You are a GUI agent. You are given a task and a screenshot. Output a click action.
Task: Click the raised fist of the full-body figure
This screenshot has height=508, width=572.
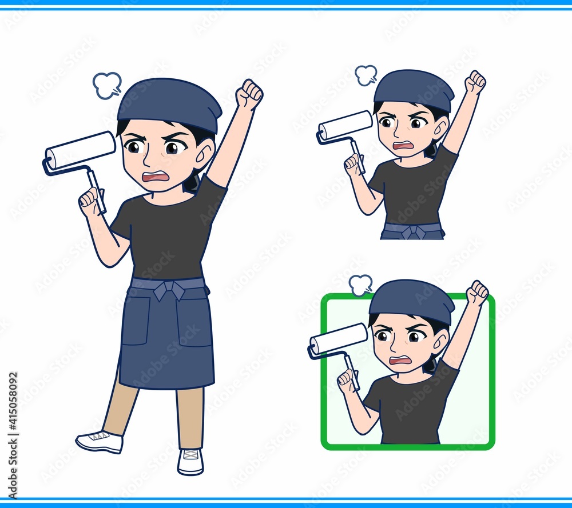click(249, 94)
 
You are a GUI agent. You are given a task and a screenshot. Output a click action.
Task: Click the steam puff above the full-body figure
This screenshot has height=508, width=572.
click(107, 85)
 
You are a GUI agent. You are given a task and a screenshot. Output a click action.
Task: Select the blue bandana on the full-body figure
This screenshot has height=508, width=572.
click(169, 104)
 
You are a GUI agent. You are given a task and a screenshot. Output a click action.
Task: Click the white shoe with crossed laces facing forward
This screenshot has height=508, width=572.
click(190, 461)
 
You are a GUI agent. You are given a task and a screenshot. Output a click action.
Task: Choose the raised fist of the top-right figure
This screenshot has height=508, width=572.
click(477, 82)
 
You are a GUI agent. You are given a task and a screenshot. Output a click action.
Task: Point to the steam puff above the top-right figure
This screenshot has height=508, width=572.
click(366, 75)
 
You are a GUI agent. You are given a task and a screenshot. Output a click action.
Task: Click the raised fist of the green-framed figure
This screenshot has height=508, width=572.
click(478, 292)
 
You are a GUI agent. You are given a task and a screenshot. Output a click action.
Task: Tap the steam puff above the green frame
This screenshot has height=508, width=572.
click(360, 284)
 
